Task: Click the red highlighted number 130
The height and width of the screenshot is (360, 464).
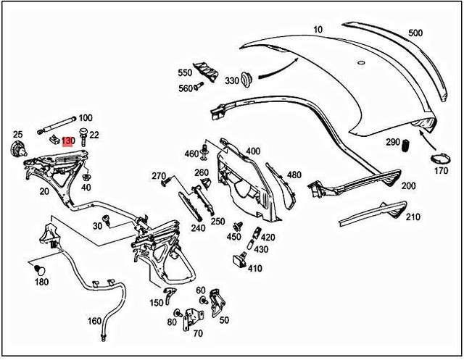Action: point(67,141)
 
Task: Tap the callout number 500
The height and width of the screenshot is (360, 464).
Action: point(415,33)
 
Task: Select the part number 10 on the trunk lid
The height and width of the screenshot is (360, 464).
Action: point(318,30)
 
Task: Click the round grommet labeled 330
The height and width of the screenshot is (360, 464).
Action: point(246,77)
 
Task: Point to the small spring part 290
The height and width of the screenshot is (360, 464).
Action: point(407,145)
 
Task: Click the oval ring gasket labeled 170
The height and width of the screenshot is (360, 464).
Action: point(438,158)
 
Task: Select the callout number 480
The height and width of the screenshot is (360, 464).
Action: point(294,175)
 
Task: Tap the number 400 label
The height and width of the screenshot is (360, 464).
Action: point(253,151)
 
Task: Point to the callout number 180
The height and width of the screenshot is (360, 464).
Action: point(42,282)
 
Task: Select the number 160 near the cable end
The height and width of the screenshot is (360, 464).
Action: point(95,321)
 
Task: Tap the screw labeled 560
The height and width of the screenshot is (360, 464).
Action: point(201,88)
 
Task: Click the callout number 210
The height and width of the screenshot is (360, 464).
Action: point(413,217)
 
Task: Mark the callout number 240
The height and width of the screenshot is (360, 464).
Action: point(197,227)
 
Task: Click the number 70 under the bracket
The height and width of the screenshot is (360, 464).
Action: point(198,334)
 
